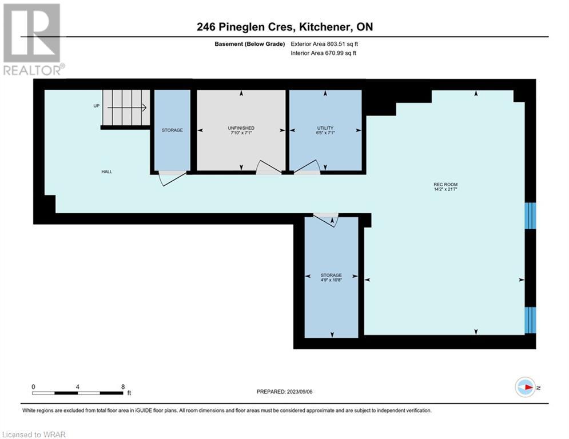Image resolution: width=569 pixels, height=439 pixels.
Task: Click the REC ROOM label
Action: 445,185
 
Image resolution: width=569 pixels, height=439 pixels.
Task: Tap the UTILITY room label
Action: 325,128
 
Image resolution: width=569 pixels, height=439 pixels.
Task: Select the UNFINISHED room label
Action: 241,128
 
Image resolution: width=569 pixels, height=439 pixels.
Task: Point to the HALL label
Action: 107,171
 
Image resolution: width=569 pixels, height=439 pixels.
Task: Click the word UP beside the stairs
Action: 96,106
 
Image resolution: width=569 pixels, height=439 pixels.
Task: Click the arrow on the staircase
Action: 126,108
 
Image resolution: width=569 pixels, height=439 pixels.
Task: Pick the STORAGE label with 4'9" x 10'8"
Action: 331,276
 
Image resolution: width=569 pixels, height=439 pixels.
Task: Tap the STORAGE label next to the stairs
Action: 172,130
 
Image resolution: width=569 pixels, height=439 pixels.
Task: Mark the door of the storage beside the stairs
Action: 172,178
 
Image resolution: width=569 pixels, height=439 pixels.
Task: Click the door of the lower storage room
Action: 326,219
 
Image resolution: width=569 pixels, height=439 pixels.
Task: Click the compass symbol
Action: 525,387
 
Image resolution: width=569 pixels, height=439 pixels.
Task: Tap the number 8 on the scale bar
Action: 123,387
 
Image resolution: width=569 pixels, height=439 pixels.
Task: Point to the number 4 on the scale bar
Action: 78,387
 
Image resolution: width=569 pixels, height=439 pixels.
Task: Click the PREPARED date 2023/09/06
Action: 300,392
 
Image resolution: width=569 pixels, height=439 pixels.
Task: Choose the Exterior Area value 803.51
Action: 336,44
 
